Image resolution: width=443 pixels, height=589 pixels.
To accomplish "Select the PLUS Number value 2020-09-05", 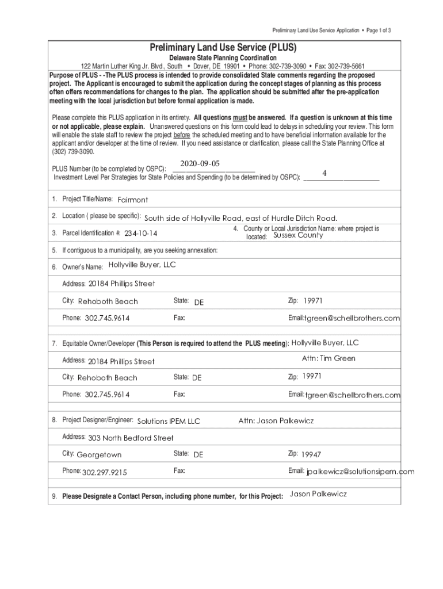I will click(x=200, y=163).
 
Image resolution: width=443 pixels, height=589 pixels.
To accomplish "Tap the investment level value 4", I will click(x=324, y=173).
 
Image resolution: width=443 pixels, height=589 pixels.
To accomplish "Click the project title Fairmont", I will click(x=133, y=200).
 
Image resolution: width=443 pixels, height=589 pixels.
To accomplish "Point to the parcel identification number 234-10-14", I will click(x=141, y=234).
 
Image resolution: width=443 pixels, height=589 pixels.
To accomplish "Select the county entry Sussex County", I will click(x=298, y=235).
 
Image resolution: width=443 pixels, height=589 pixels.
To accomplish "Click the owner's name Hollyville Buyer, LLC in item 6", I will click(x=142, y=265).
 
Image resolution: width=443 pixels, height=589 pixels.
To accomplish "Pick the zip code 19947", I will click(x=311, y=454).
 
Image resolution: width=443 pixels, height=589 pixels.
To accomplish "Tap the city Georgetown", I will click(x=99, y=454).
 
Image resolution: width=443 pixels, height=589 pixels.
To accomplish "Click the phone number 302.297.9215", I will click(x=105, y=472).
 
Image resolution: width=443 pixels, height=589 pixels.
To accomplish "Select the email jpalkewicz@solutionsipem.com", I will click(x=360, y=472).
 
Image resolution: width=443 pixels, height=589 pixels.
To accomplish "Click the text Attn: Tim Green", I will click(x=329, y=358).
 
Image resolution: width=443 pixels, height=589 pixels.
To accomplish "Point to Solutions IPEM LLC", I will click(x=169, y=422).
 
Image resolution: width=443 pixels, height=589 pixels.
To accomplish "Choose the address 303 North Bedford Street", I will click(x=131, y=438).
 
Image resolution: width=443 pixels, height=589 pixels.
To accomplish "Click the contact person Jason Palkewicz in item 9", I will click(x=318, y=494).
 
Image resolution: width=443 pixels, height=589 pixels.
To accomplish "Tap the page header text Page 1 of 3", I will click(x=377, y=30).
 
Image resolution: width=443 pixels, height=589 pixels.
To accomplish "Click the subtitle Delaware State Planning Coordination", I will click(x=223, y=59).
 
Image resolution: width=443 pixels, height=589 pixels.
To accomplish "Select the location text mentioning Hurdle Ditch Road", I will click(x=240, y=218).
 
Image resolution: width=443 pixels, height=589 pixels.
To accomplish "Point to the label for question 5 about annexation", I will click(x=140, y=250).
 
